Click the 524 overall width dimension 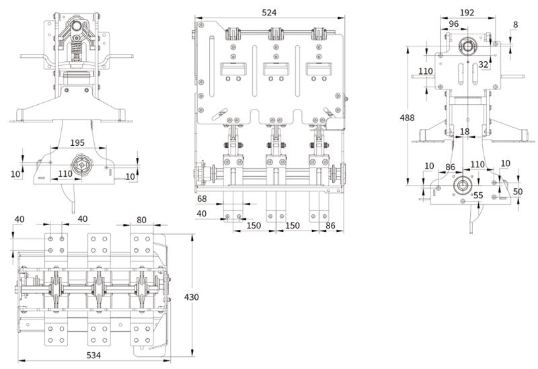[x=270, y=13]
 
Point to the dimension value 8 [x=515, y=25]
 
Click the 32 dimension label [x=483, y=65]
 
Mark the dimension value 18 [x=465, y=132]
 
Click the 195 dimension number [x=77, y=143]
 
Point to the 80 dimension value [x=142, y=219]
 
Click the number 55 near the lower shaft [x=478, y=195]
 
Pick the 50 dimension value [x=517, y=192]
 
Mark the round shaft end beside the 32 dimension [x=465, y=46]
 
